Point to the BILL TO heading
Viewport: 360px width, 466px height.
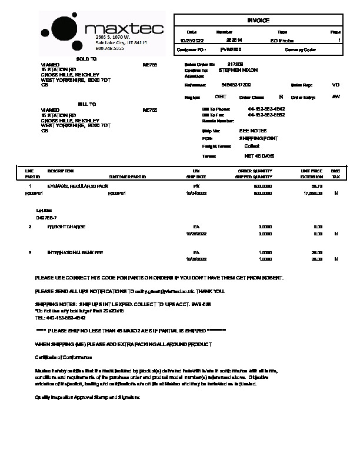coord(86,104)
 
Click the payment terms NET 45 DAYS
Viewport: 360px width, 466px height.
coord(259,157)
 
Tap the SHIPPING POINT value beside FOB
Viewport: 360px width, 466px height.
coord(259,138)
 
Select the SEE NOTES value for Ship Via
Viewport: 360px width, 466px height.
coord(253,131)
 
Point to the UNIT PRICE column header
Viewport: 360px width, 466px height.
coord(312,171)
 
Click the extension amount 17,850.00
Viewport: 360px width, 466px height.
coord(312,193)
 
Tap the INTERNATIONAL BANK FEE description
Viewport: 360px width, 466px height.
coord(75,252)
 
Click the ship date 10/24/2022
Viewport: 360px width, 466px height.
coord(196,193)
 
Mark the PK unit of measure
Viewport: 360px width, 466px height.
coord(197,186)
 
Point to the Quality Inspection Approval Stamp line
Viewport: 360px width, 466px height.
coord(88,398)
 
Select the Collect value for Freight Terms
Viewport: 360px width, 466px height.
coord(252,145)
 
